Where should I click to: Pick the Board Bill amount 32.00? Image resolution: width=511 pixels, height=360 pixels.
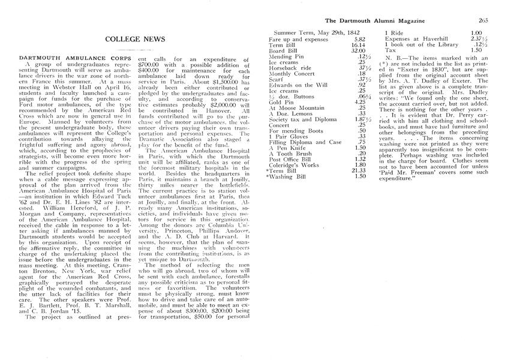click(357, 50)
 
